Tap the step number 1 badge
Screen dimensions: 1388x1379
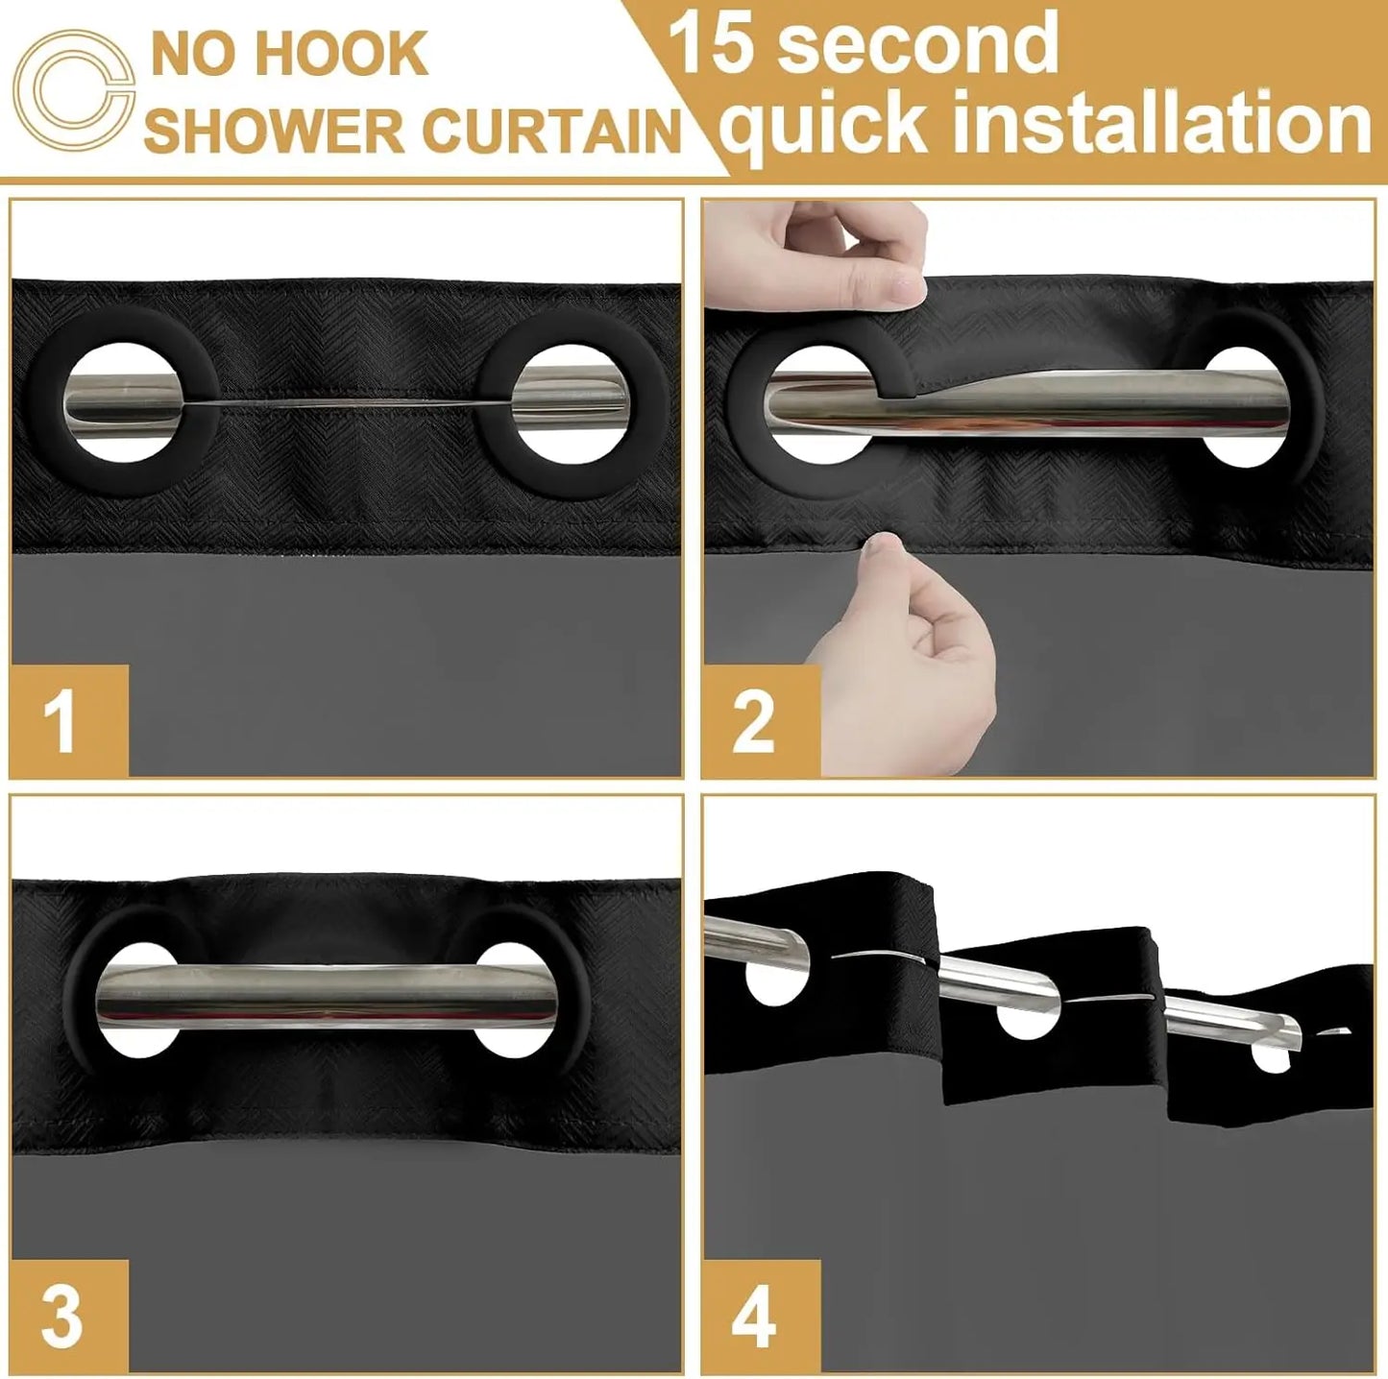69,720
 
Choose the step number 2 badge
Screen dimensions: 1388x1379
761,720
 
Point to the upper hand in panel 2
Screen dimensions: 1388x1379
814,255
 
